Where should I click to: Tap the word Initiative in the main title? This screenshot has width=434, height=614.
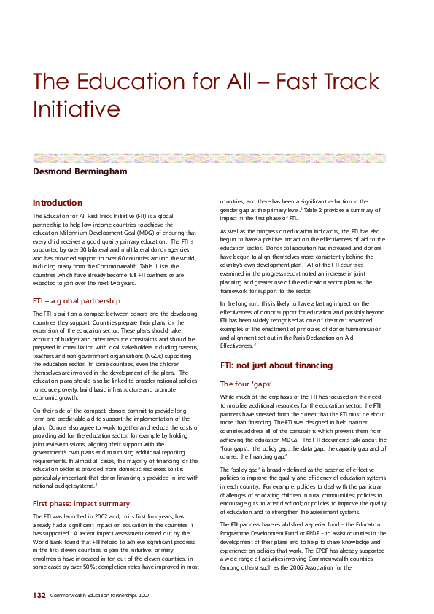click(76, 109)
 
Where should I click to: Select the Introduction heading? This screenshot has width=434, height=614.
click(58, 202)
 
